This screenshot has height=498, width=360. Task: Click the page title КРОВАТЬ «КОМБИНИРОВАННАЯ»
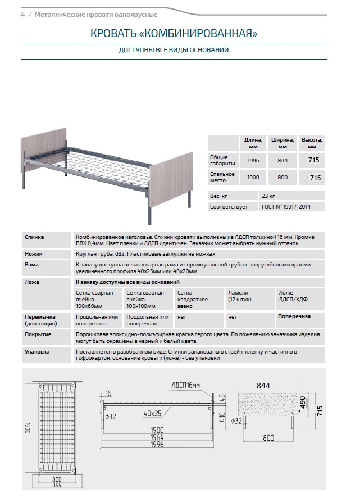pos(174,34)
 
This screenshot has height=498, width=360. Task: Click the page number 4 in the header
pos(22,15)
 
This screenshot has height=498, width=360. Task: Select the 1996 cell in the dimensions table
pos(253,160)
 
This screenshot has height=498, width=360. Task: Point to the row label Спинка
pos(34,237)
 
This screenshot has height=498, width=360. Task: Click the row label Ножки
pos(34,254)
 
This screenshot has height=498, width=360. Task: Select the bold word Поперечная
pos(294,317)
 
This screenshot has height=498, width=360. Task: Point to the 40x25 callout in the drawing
pos(152,413)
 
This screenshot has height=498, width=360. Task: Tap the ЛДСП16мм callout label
pos(185,386)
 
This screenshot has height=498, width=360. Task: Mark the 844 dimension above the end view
pos(264,386)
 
